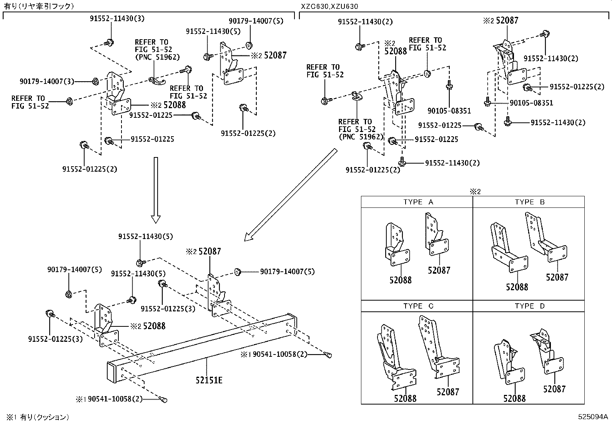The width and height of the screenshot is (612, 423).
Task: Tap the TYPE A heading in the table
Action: (x=418, y=202)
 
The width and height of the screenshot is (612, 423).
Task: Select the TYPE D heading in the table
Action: (x=530, y=306)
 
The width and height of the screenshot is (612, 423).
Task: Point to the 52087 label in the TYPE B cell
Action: (x=557, y=277)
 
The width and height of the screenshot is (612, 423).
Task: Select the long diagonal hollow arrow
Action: (x=291, y=195)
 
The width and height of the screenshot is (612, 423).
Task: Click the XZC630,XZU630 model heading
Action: (x=329, y=6)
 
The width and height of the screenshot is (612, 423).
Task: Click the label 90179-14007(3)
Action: (x=47, y=82)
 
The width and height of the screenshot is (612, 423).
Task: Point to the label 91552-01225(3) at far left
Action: (x=55, y=339)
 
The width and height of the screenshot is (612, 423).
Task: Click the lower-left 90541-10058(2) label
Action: (x=115, y=400)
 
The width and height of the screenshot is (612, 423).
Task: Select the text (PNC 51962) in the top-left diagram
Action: (x=157, y=57)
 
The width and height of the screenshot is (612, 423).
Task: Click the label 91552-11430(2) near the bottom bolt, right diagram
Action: (x=452, y=163)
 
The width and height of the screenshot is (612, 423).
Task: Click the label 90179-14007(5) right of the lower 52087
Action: (x=287, y=272)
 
